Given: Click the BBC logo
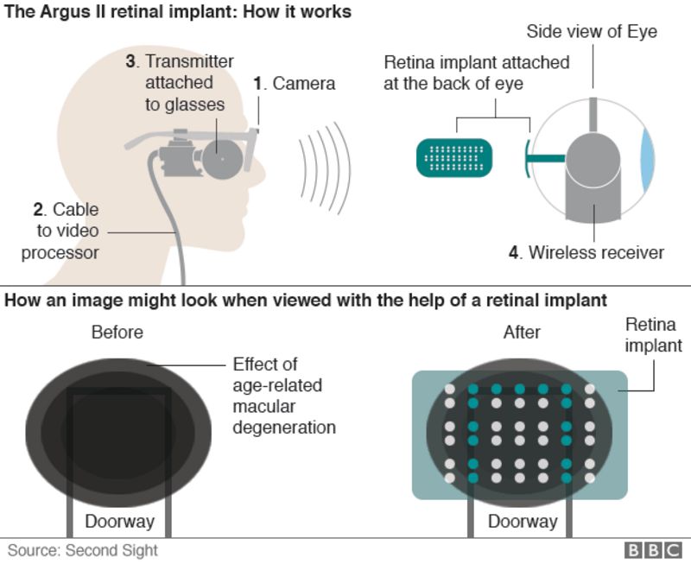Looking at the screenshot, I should click(x=653, y=550).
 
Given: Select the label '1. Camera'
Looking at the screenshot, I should click(x=294, y=84).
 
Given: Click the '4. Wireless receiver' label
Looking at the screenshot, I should click(x=586, y=252).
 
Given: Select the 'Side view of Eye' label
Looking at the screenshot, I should click(x=593, y=32).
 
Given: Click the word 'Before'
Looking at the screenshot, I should click(x=117, y=333).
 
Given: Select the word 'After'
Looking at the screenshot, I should click(x=521, y=333).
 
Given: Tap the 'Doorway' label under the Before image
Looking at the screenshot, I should click(x=119, y=521).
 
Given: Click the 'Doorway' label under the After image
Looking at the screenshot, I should click(x=523, y=521).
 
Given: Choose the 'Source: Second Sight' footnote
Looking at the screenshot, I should click(x=84, y=550).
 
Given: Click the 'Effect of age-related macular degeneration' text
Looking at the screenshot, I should click(x=283, y=396).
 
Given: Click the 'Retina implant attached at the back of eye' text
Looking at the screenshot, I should click(x=477, y=73).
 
